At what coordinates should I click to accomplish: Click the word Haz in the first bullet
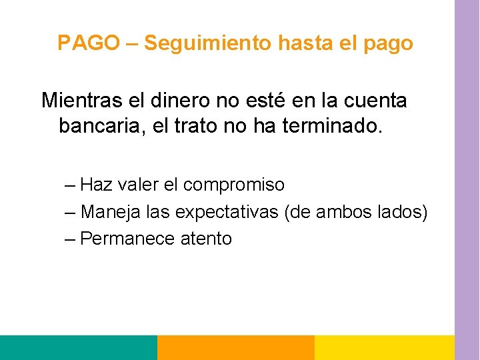pyautogui.click(x=96, y=185)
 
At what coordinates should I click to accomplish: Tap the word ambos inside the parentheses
pyautogui.click(x=351, y=212)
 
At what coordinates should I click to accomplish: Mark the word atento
pyautogui.click(x=207, y=239)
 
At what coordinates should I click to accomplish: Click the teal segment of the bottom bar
pyautogui.click(x=78, y=347)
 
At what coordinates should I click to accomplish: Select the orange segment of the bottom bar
pyautogui.click(x=235, y=347)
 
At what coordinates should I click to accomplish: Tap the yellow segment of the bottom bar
pyautogui.click(x=384, y=347)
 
